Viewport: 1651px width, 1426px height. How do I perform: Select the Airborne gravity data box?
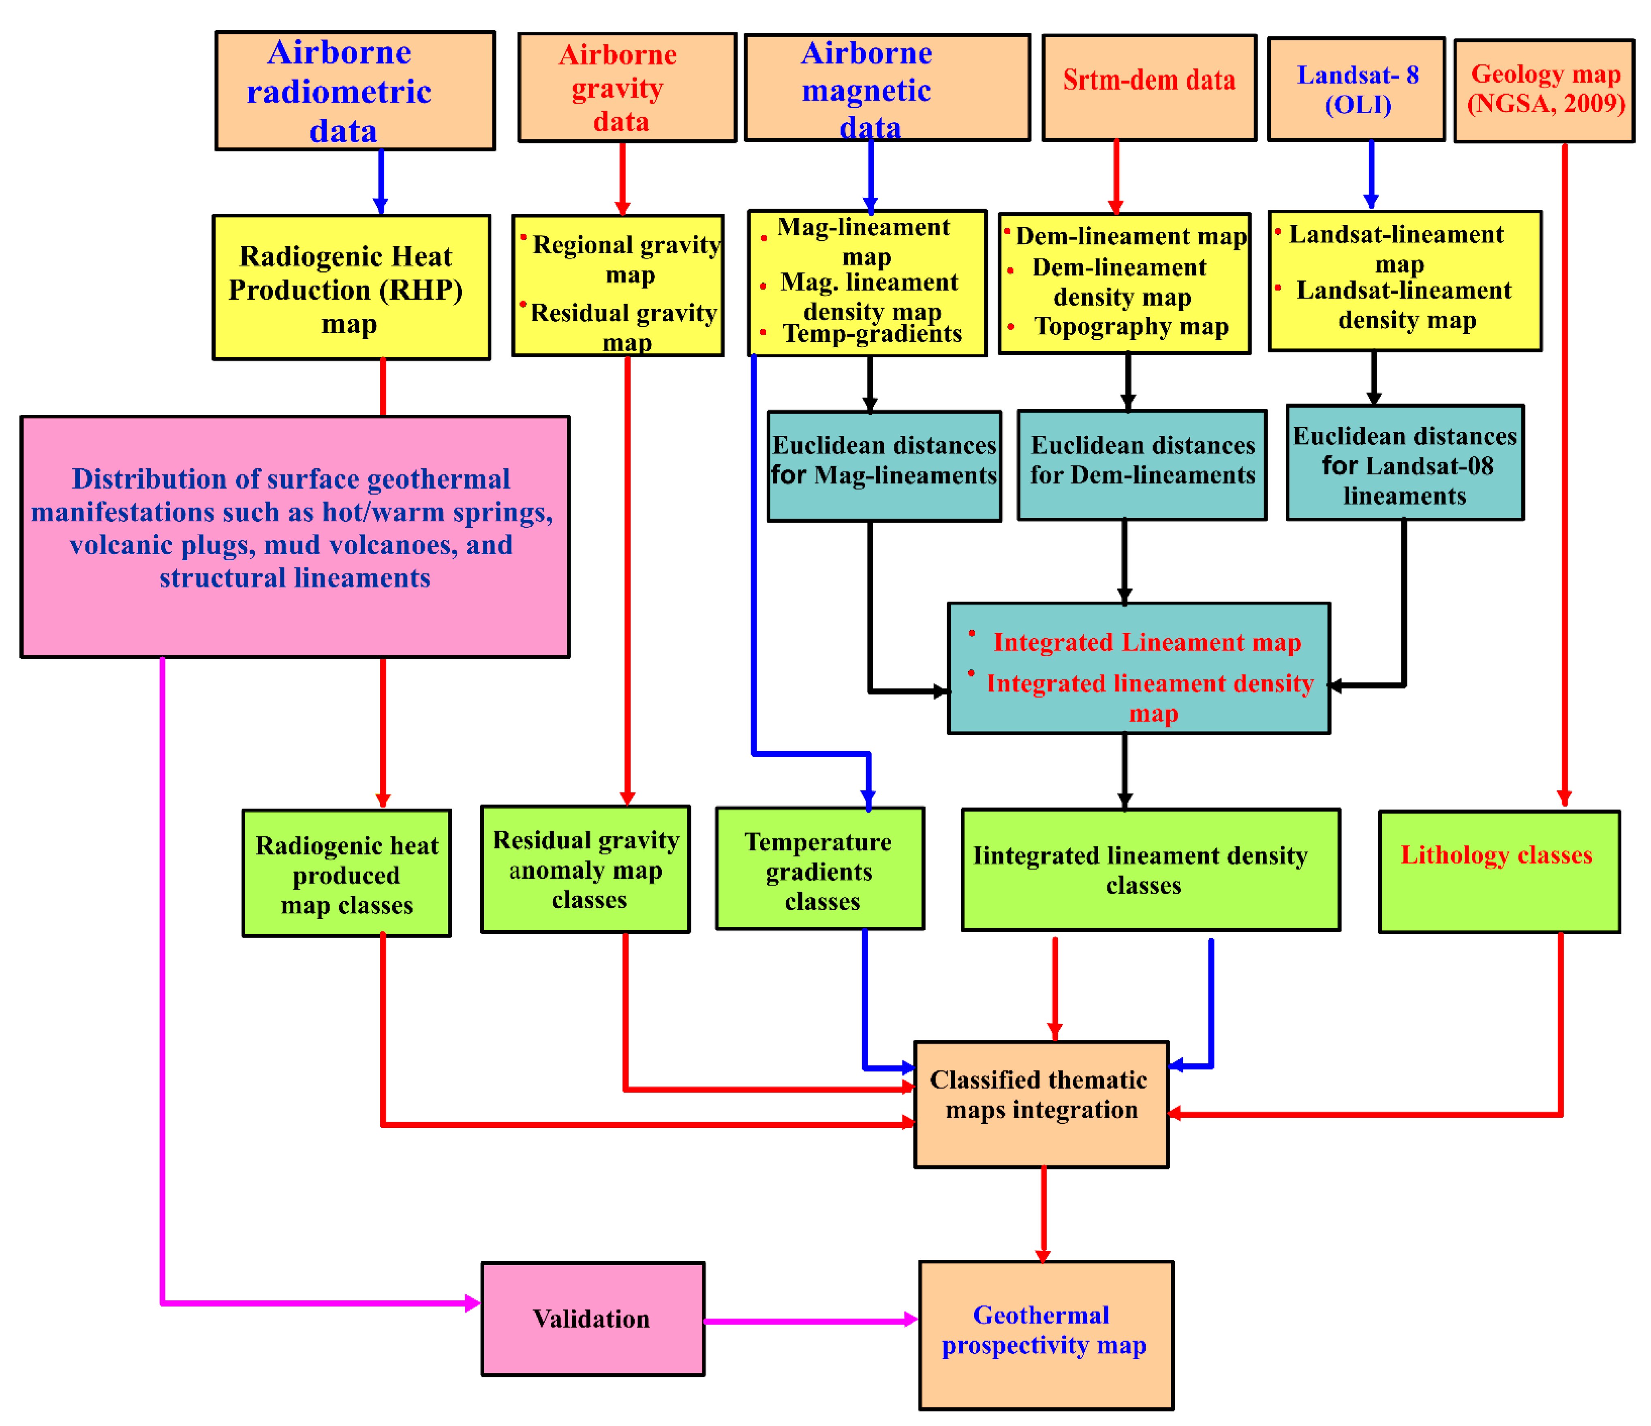pos(626,88)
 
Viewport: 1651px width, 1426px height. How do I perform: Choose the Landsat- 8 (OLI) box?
pos(1356,89)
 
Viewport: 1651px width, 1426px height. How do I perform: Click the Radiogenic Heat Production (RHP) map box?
pos(351,288)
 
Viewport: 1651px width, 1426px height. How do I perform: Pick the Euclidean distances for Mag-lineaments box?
pos(884,466)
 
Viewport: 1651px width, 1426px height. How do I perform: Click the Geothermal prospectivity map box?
pos(1046,1334)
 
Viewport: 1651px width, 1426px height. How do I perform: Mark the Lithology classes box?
pos(1498,871)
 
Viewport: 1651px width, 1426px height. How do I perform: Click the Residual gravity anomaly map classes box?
pos(586,868)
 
